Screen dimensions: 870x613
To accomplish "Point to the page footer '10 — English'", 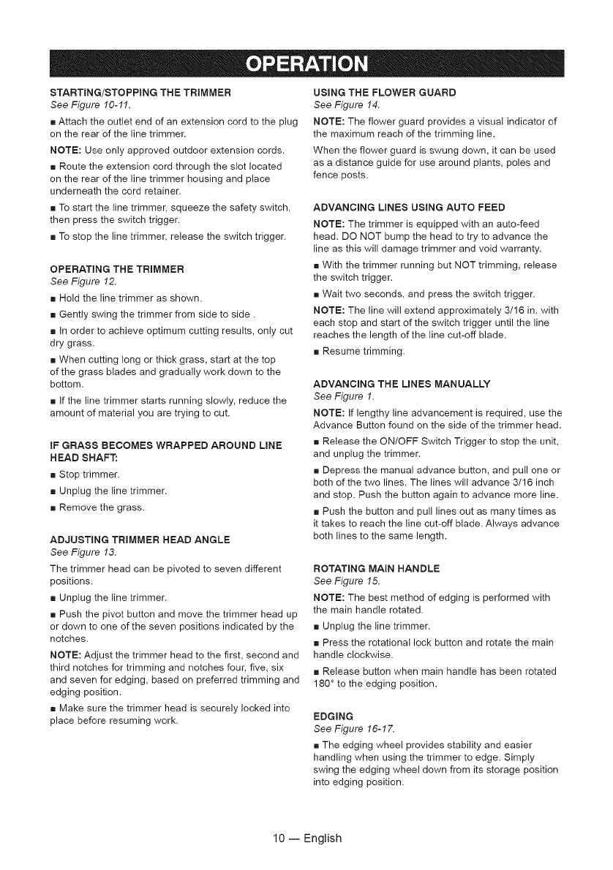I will [306, 838].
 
